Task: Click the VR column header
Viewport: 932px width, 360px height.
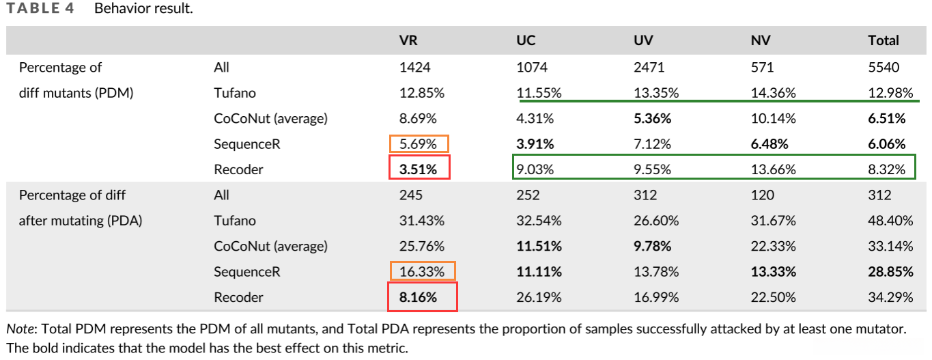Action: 408,40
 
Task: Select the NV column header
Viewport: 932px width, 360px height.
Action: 761,40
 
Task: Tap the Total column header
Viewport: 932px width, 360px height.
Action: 884,40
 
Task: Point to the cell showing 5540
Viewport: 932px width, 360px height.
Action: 884,67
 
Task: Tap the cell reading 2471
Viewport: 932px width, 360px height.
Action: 648,67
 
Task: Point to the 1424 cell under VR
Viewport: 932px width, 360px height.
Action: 414,67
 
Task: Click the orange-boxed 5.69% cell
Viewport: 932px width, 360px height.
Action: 419,143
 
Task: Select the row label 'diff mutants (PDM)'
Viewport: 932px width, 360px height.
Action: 76,93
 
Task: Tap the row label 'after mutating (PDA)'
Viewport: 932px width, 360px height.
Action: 80,221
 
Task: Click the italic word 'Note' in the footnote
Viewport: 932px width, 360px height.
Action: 19,329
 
